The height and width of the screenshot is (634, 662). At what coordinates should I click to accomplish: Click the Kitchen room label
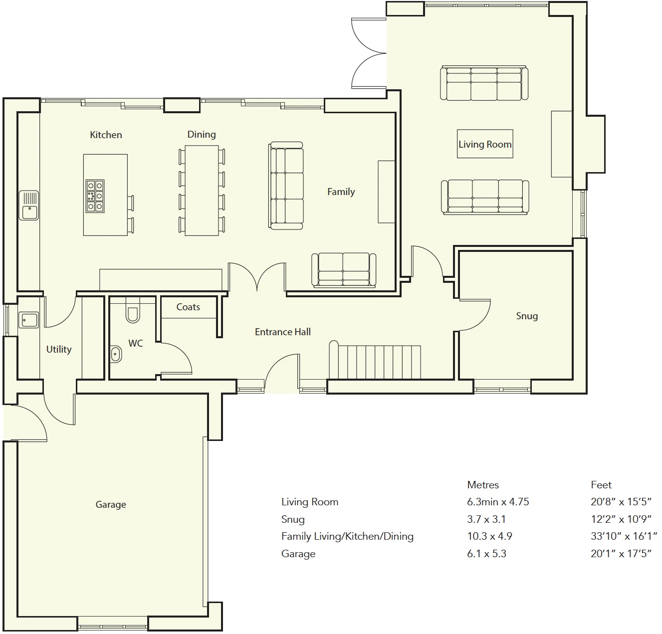pos(106,135)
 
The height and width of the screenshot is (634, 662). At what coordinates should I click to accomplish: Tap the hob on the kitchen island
pos(95,196)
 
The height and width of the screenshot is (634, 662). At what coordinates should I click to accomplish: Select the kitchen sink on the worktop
pos(29,205)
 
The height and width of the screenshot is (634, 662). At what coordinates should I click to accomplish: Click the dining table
pos(202,191)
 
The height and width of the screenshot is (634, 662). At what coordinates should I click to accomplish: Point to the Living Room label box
pos(485,144)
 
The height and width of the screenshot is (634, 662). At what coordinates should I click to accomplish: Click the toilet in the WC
pos(133,310)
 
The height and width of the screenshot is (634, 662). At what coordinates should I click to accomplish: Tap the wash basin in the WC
pos(116,355)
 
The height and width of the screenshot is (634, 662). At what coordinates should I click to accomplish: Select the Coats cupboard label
pos(188,307)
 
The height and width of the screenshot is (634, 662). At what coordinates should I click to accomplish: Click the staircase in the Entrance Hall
pos(375,361)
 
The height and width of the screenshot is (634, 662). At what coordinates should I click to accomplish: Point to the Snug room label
pos(527,316)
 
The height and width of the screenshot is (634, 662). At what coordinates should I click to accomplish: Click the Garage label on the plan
pos(111,504)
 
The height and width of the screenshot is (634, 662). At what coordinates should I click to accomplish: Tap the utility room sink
pos(28,320)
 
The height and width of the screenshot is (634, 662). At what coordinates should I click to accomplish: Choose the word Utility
pos(59,349)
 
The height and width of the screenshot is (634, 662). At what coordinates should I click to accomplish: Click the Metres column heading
pos(483,485)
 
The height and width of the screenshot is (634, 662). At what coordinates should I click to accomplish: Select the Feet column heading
pos(601,485)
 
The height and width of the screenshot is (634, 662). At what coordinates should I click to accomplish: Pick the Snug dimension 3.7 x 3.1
pos(486,519)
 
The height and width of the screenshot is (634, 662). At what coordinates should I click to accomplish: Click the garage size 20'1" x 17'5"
pos(621,554)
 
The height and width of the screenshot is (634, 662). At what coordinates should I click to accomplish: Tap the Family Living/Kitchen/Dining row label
pos(347,536)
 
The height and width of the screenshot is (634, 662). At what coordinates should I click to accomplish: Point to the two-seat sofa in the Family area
pos(344,270)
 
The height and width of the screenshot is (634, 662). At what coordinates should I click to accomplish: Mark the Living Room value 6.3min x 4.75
pos(498,502)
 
